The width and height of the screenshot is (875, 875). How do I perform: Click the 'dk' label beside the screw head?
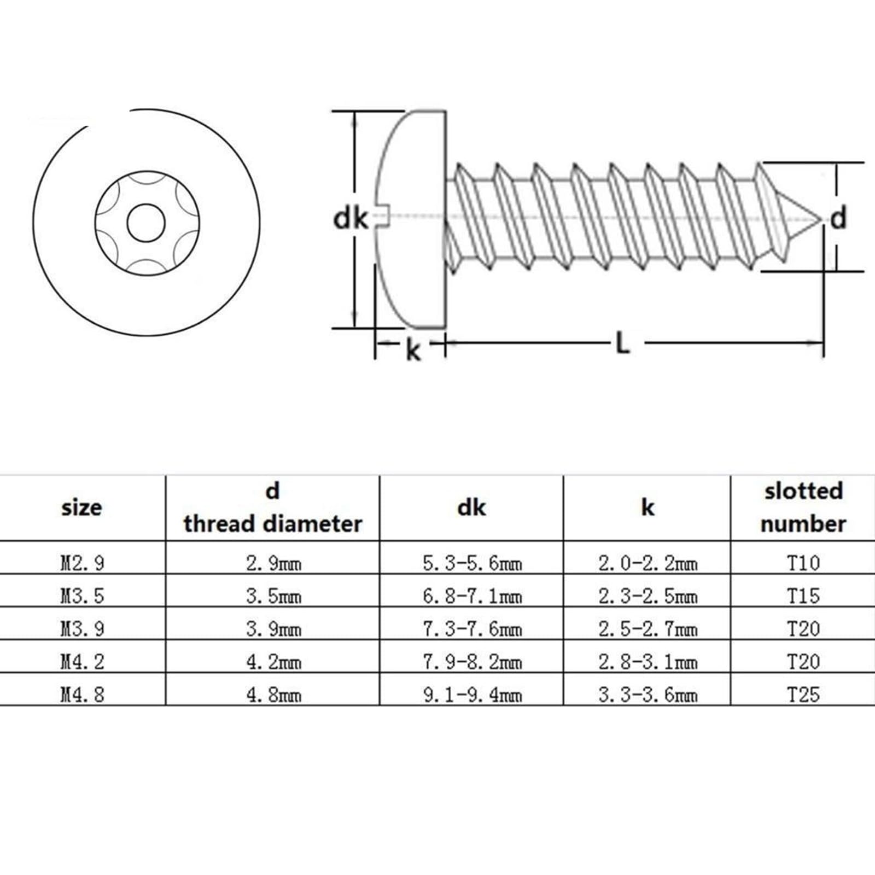point(351,218)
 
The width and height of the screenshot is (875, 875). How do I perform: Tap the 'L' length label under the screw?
point(622,343)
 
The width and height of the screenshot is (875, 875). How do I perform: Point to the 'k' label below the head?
point(413,350)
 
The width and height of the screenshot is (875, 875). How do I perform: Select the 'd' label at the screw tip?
point(838,218)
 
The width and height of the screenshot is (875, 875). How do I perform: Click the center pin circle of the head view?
point(146,223)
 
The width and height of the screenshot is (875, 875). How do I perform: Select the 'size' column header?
point(81,508)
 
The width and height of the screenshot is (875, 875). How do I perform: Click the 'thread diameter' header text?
point(273,524)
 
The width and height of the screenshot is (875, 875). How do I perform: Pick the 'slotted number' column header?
point(803,507)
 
